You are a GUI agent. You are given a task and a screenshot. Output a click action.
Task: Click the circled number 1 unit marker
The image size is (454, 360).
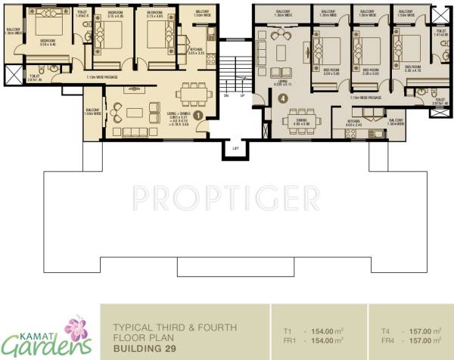(198, 115)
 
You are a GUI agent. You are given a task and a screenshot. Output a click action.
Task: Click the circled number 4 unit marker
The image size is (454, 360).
(283, 98)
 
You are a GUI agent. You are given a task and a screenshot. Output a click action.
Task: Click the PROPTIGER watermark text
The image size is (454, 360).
(225, 199)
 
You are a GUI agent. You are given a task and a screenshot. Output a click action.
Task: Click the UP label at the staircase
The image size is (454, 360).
(242, 95)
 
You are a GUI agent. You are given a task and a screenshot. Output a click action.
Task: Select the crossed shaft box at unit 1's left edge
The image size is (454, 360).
(12, 75)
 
